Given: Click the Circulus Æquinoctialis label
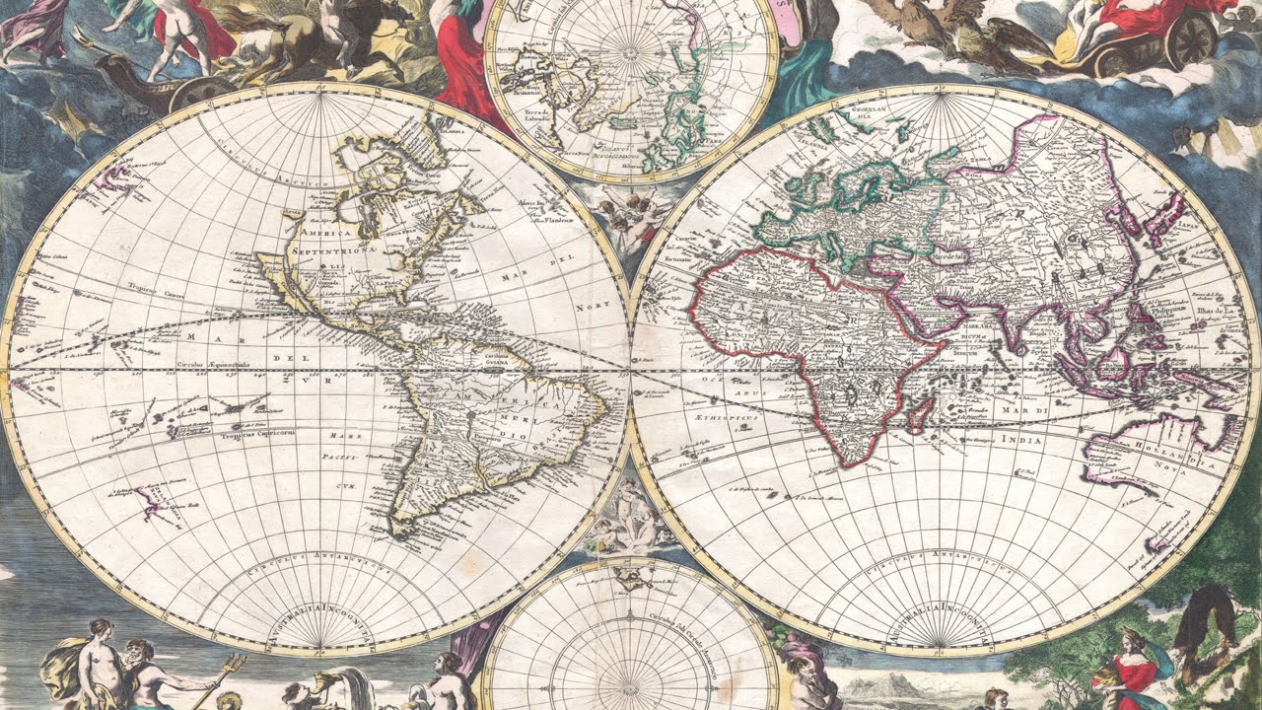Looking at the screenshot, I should (x=221, y=364).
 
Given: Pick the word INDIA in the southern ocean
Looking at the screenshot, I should (x=1020, y=440).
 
